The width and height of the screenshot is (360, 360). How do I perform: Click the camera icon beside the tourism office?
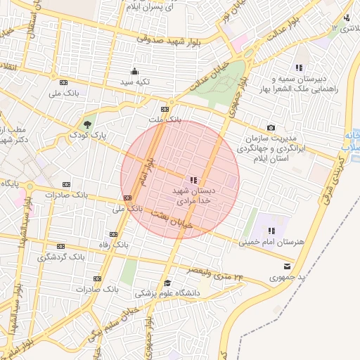tap(271, 127)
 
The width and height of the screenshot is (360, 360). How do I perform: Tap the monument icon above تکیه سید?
tap(134, 71)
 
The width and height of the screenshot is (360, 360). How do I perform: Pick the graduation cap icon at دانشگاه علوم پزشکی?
tap(167, 283)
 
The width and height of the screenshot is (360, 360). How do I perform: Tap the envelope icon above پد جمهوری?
tap(286, 266)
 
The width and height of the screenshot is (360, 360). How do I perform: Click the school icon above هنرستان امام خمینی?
tap(271, 231)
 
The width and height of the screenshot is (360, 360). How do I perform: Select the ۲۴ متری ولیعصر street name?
tap(215, 273)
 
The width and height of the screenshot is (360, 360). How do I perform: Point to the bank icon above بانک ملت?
tap(165, 110)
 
